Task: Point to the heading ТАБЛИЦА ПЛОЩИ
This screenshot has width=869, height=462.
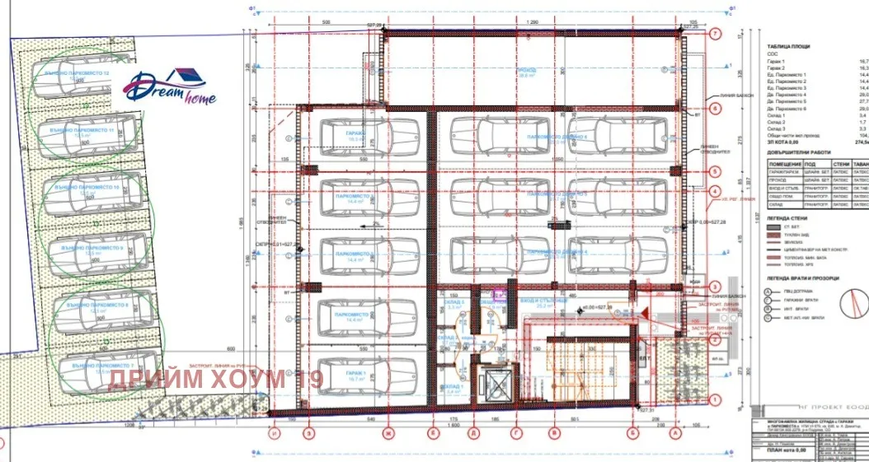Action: (788, 48)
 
